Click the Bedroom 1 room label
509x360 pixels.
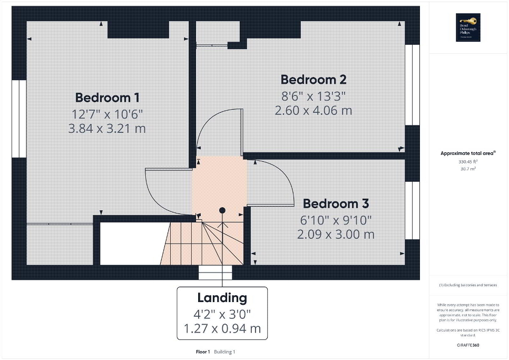[107, 98]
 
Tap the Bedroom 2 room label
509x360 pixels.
[313, 80]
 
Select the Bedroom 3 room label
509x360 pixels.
[336, 203]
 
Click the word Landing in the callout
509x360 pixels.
[222, 298]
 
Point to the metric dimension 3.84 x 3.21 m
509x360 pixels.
[107, 128]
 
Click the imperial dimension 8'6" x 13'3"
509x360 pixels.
[313, 96]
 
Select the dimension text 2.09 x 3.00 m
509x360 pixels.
[336, 234]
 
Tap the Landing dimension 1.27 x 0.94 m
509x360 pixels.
[222, 329]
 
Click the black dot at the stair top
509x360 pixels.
[222, 210]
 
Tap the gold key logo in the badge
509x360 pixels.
[471, 22]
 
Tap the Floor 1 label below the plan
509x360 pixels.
[202, 352]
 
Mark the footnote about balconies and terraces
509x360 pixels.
[467, 285]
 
